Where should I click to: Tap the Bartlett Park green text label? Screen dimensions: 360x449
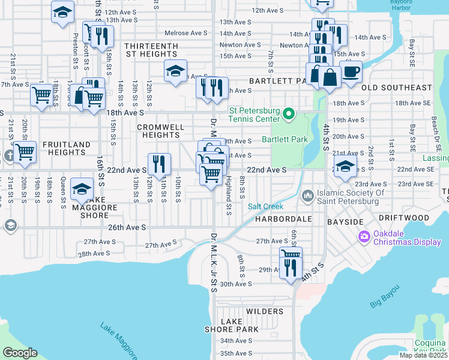285,140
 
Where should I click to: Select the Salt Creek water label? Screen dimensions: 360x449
265,206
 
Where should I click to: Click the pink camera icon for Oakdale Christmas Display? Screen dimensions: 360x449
364,237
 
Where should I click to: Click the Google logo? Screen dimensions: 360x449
20,353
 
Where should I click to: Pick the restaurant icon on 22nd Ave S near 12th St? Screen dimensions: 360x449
159,163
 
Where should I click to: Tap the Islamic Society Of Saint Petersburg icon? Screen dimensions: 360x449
308,196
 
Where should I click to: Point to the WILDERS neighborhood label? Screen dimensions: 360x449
264,311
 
